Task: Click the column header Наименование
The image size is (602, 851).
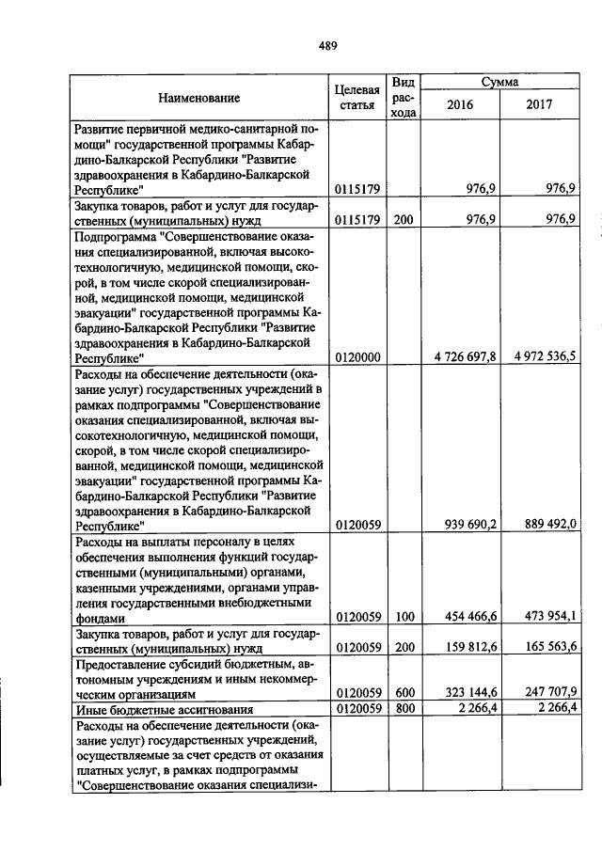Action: point(198,97)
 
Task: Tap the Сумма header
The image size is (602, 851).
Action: point(499,83)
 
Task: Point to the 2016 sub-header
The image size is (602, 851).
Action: point(460,104)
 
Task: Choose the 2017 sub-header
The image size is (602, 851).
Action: point(540,104)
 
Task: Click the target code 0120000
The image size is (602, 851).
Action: point(357,357)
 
